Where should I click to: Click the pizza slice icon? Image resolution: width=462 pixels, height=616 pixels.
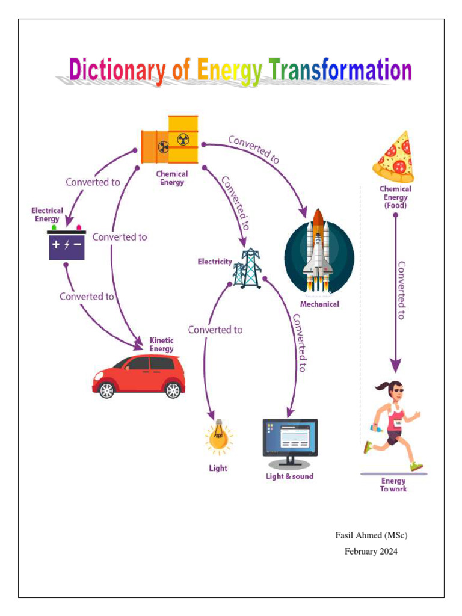pos(394,157)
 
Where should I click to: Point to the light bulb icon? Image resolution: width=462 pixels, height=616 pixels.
pos(218,437)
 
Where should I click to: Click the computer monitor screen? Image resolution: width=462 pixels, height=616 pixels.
pos(290,437)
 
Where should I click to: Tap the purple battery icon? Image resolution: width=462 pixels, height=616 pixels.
pos(67,245)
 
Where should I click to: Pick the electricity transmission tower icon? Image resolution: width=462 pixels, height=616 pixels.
pos(248,268)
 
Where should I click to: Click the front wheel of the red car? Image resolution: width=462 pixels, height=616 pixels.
pos(106,390)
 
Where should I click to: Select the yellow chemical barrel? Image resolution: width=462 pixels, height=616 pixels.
pos(182,140)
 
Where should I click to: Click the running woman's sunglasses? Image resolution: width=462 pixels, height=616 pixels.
pos(398,390)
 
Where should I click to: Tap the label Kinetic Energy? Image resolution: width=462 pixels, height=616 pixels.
pos(162,345)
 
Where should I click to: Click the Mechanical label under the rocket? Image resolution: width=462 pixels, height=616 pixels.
pos(319,304)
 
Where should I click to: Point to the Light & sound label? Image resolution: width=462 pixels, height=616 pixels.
pos(290,476)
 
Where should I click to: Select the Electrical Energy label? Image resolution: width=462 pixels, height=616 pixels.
pos(47,215)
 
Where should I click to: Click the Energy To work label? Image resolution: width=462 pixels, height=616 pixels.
pos(393,485)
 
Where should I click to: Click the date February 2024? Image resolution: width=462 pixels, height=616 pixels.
pos(371,551)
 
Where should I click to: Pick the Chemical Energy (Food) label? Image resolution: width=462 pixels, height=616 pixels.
pos(395,197)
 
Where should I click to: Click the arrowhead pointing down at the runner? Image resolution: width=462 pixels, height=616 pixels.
pos(395,365)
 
